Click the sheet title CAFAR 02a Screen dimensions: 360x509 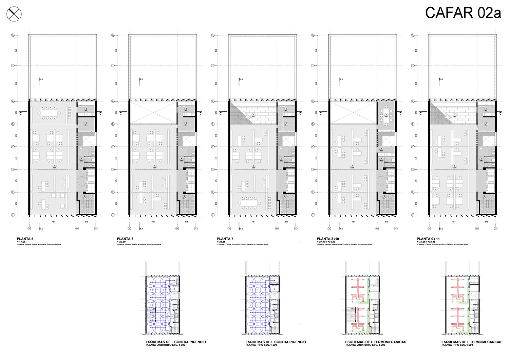(463, 13)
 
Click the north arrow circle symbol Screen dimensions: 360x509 (14, 14)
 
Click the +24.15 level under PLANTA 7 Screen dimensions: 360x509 (222, 242)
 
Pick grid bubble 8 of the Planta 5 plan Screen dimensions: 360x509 (13, 35)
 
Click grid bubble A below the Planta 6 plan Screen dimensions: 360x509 (129, 229)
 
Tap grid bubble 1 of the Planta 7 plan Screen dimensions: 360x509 (213, 215)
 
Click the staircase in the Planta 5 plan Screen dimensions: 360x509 (86, 205)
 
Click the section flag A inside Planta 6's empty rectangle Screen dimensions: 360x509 (140, 81)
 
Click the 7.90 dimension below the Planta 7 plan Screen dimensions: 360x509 (252, 222)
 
